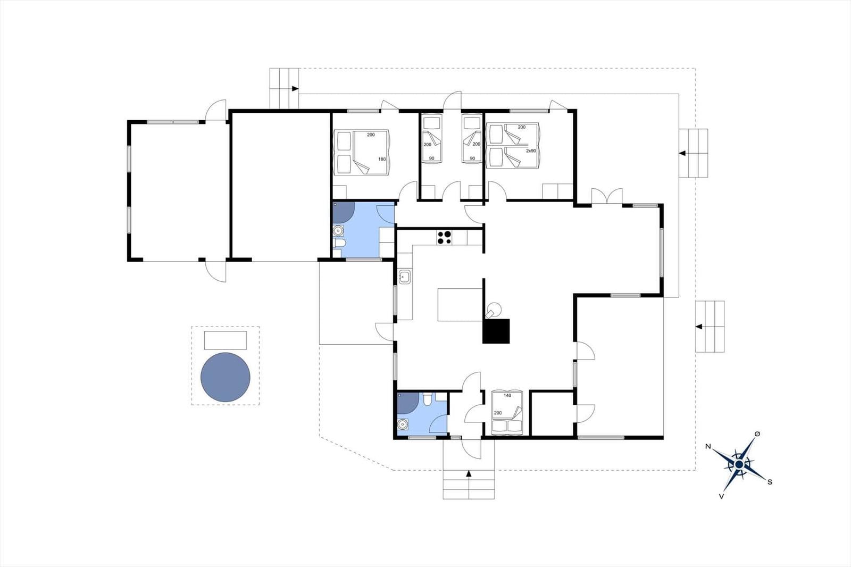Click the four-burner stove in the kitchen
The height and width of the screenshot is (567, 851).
(x=444, y=237)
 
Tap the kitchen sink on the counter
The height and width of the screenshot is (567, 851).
(x=405, y=277)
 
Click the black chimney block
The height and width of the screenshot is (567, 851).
(x=496, y=331)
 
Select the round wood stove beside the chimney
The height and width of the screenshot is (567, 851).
(x=495, y=308)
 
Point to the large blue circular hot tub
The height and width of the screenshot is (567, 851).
(x=226, y=377)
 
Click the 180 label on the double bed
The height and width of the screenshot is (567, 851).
(x=382, y=159)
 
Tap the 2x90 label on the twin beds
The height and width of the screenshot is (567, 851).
(x=531, y=151)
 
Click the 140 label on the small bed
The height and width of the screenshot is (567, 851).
(x=507, y=395)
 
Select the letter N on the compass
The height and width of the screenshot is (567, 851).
(x=708, y=446)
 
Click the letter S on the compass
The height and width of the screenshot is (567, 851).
(x=770, y=482)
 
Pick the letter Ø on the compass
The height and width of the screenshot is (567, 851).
(x=757, y=434)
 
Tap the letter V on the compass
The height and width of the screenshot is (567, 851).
(x=721, y=496)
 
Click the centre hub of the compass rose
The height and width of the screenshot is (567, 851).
(x=739, y=465)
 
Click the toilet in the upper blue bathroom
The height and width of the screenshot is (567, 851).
(x=339, y=244)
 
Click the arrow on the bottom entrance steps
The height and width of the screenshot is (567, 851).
(x=469, y=473)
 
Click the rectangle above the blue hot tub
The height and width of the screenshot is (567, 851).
(x=226, y=340)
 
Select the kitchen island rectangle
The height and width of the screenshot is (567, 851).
(x=460, y=305)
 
